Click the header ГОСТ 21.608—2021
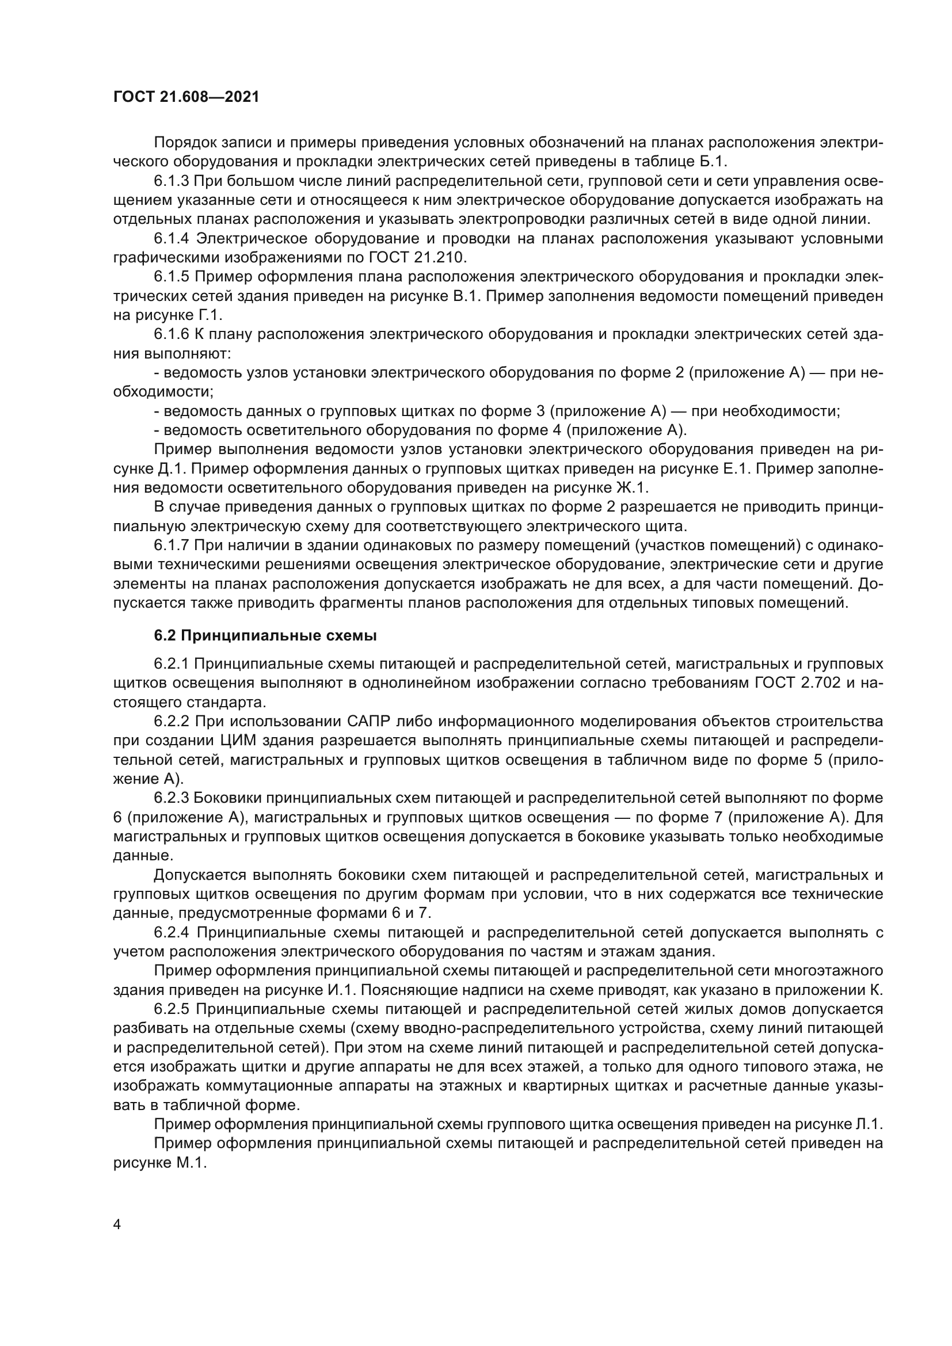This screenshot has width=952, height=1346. point(186,97)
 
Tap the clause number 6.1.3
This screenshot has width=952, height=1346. point(172,181)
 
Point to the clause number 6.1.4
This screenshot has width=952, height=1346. point(172,239)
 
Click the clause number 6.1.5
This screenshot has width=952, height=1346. point(172,277)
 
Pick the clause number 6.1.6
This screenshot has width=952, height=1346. point(172,334)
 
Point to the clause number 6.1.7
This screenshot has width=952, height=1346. point(172,545)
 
